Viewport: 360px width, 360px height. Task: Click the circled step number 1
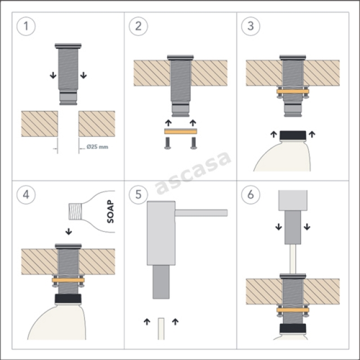coord(26,26)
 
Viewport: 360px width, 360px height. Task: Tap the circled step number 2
coord(138,26)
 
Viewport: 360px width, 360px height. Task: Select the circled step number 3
coord(251,26)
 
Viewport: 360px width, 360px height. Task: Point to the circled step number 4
coord(26,195)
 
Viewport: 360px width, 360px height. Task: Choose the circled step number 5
coord(138,195)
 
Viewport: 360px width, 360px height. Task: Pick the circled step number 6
coord(251,195)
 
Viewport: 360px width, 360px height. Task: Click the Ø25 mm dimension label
coord(97,147)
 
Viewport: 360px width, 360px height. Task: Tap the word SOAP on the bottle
coord(110,211)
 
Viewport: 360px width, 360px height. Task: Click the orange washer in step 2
coord(181,132)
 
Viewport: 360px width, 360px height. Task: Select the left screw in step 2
coord(168,143)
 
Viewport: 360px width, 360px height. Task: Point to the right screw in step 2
coord(193,143)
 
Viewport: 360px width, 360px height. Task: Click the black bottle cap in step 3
coord(292,136)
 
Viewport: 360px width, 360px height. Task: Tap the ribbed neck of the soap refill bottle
coord(75,211)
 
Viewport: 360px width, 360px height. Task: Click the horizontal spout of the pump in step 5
coord(201,213)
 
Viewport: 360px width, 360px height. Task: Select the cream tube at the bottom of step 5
coord(161,328)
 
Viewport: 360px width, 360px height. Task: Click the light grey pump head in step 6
coord(292,200)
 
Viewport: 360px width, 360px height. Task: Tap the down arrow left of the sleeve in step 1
coord(53,75)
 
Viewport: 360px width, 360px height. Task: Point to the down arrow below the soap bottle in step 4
coord(69,231)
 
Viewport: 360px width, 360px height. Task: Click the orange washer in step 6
coord(292,310)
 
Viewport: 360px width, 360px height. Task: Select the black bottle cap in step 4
coord(68,299)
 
